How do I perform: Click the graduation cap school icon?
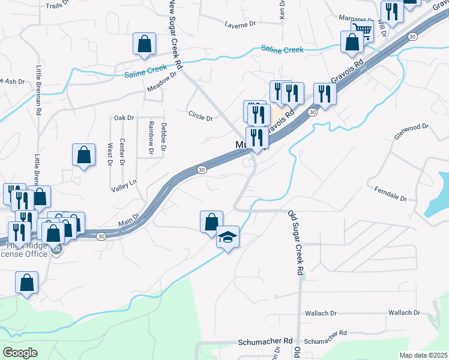[228, 237]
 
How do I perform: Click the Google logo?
[20, 353]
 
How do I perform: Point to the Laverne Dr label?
[240, 25]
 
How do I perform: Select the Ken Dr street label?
[282, 8]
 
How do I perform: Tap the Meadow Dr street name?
[162, 83]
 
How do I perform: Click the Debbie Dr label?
[163, 137]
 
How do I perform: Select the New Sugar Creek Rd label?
[175, 30]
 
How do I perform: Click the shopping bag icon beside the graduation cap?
[211, 221]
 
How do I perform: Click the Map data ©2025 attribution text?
[423, 355]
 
